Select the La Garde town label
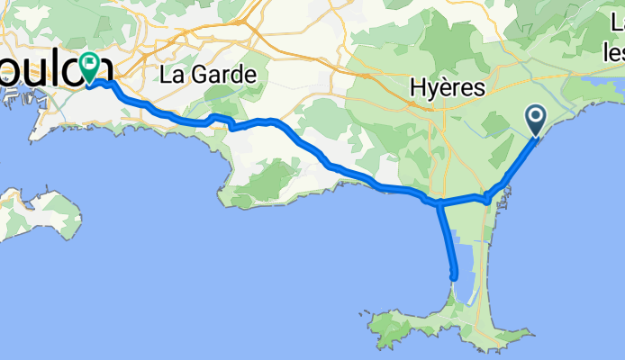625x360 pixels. (x=207, y=75)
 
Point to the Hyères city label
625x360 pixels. (x=447, y=88)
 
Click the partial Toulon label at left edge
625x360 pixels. (x=54, y=70)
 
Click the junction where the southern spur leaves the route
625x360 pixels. (x=439, y=204)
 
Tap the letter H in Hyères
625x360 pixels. (x=418, y=88)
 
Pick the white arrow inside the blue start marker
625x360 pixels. (x=536, y=115)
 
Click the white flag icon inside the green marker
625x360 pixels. (x=90, y=63)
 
